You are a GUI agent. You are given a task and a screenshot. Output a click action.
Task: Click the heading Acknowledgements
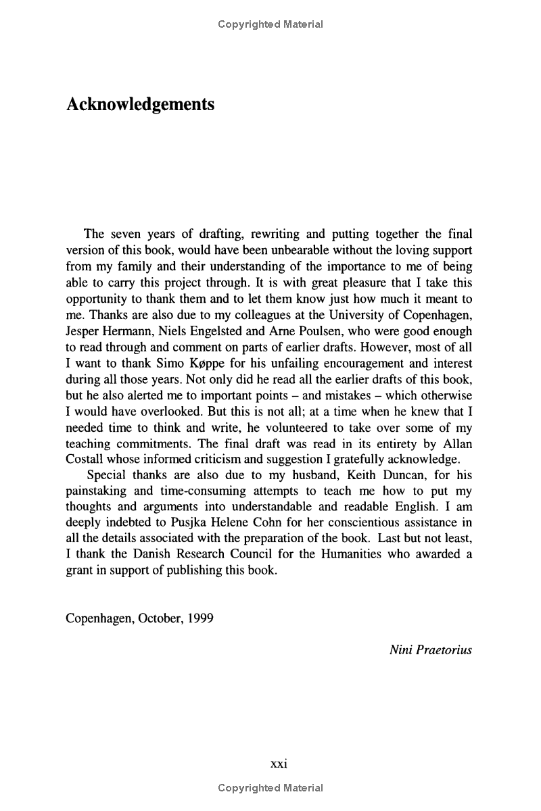(140, 105)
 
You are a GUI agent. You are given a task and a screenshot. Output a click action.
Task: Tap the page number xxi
(279, 764)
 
